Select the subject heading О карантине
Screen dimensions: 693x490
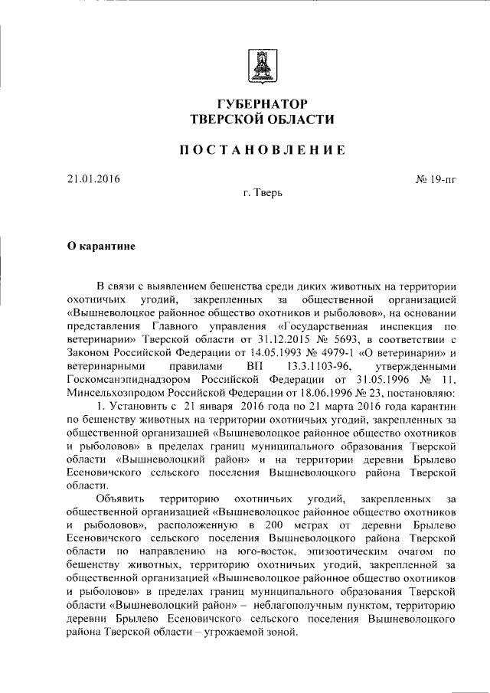[x=101, y=247]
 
